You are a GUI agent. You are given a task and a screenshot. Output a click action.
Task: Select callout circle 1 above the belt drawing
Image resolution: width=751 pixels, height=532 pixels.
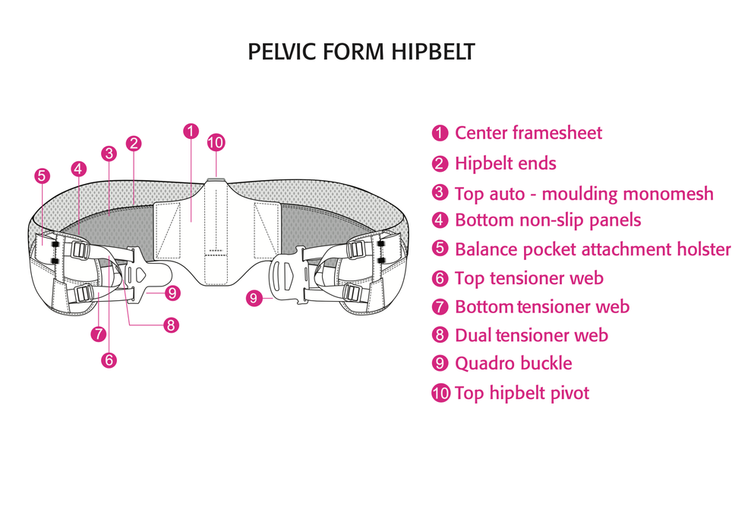191,131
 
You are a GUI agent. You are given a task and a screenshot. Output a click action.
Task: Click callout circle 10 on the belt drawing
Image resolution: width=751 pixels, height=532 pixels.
216,142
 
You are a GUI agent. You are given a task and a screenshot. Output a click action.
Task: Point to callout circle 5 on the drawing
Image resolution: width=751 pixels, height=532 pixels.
43,176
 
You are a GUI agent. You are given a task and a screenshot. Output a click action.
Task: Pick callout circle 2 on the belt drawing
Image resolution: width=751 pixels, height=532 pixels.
134,143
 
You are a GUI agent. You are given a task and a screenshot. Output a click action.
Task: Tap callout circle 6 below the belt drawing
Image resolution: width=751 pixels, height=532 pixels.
109,360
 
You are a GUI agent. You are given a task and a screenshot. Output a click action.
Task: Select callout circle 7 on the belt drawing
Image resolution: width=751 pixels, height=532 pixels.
97,333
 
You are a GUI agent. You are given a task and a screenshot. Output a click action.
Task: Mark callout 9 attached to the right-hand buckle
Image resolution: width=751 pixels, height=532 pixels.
254,299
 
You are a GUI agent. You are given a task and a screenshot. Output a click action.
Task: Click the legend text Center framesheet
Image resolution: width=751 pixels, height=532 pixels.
528,133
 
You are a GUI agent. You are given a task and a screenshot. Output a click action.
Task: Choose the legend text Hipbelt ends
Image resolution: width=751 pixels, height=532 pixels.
505,163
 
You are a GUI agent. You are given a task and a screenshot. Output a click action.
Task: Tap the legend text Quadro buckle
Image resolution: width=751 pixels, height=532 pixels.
513,363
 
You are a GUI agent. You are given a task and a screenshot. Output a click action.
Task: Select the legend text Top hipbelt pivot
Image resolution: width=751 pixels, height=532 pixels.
522,393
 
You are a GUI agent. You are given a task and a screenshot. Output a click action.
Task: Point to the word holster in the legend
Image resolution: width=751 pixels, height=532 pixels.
702,249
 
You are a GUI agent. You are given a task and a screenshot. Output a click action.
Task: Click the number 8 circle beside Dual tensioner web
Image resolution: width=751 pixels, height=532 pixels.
440,336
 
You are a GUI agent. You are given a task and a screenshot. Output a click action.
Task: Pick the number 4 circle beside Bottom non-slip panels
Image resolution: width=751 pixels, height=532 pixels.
440,221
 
